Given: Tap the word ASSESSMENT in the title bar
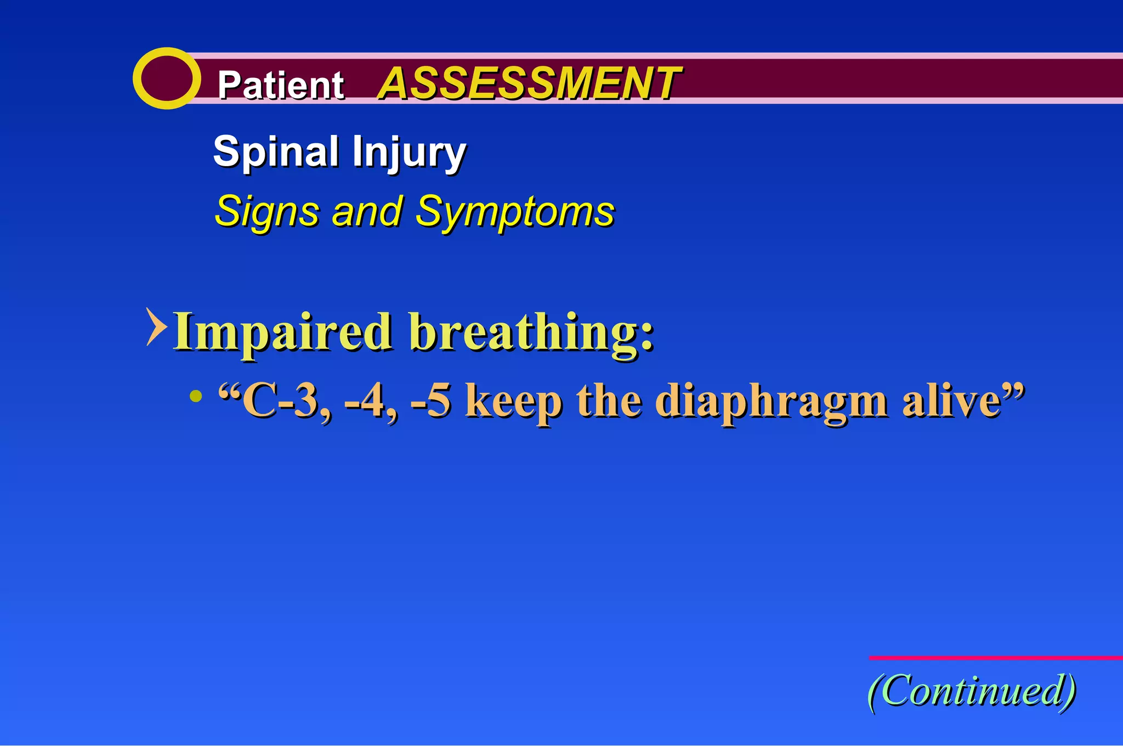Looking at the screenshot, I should click(529, 83).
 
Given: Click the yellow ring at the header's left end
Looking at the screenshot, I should click(166, 78).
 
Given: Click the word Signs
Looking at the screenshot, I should click(267, 211).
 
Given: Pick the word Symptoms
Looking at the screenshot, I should click(514, 212).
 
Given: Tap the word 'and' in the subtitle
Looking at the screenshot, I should click(366, 211).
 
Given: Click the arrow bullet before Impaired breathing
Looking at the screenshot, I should click(156, 327).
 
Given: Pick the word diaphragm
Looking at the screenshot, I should click(771, 403).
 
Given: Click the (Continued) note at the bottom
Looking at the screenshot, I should click(971, 691).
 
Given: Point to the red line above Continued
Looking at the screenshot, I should click(995, 657).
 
